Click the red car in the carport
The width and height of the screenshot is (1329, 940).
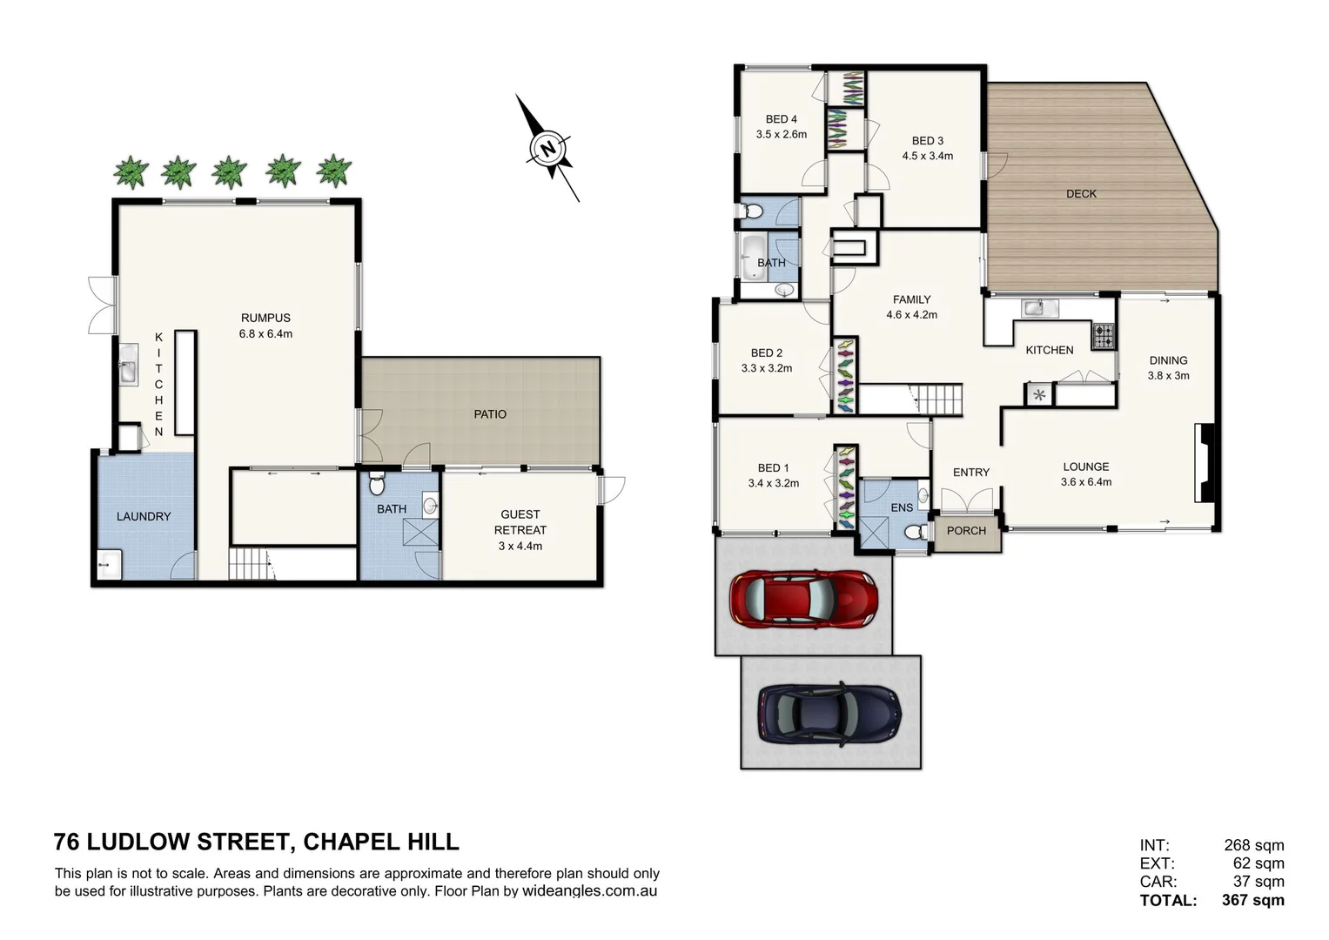click(x=803, y=599)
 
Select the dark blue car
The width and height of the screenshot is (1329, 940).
click(x=829, y=712)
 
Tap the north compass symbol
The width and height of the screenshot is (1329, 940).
click(x=547, y=148)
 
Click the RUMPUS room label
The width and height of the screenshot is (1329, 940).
click(x=265, y=318)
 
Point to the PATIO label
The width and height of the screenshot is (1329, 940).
click(x=490, y=414)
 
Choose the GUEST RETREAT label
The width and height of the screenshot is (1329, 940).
click(x=520, y=522)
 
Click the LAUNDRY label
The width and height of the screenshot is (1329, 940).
click(x=144, y=516)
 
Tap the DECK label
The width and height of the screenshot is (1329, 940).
click(x=1081, y=193)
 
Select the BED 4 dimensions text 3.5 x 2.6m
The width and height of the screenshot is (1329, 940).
click(x=781, y=135)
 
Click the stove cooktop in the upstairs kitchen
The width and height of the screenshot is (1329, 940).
click(x=1104, y=335)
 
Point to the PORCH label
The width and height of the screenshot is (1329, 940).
click(x=966, y=531)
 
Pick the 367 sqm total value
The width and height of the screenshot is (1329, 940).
click(x=1252, y=901)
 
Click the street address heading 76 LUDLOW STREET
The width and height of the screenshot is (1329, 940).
click(x=171, y=842)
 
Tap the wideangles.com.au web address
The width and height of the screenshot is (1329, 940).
click(x=589, y=891)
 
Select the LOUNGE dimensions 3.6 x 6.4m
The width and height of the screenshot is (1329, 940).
click(x=1085, y=482)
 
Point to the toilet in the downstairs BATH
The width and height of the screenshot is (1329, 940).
click(x=376, y=483)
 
